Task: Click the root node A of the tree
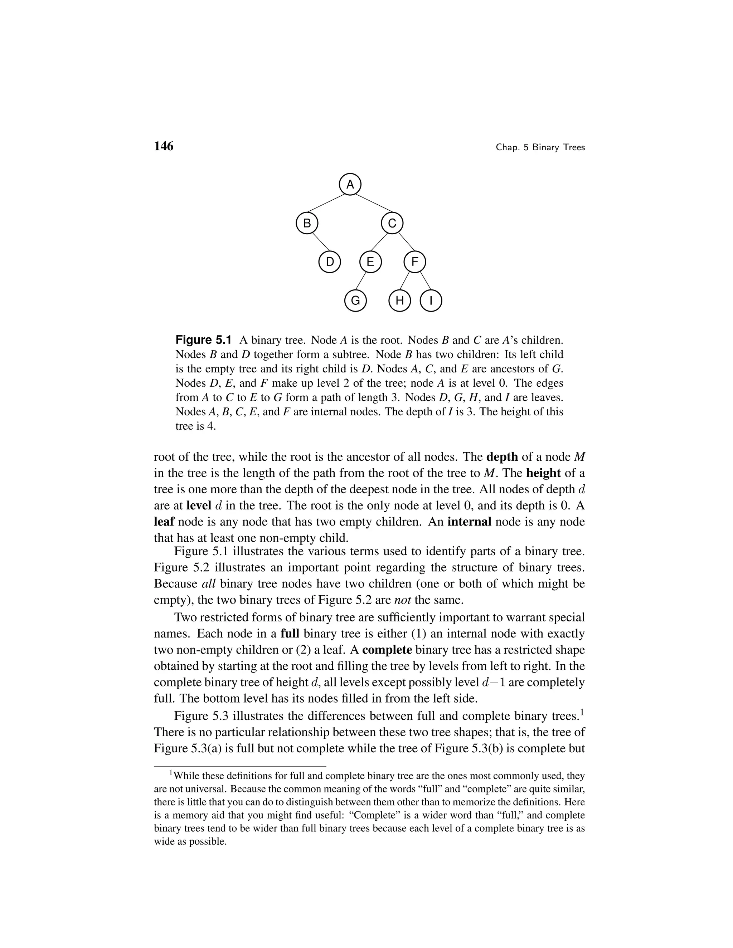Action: pos(350,185)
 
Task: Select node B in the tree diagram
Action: pos(307,224)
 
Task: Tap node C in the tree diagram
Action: pos(392,224)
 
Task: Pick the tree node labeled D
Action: pos(330,262)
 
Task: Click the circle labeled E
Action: pos(370,262)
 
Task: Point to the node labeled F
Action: pos(415,262)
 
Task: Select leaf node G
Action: pos(355,301)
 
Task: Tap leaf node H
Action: pos(399,301)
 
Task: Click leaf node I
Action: pos(431,301)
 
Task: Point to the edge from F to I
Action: pos(425,281)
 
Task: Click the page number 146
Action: pos(164,147)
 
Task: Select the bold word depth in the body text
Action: pos(503,457)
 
